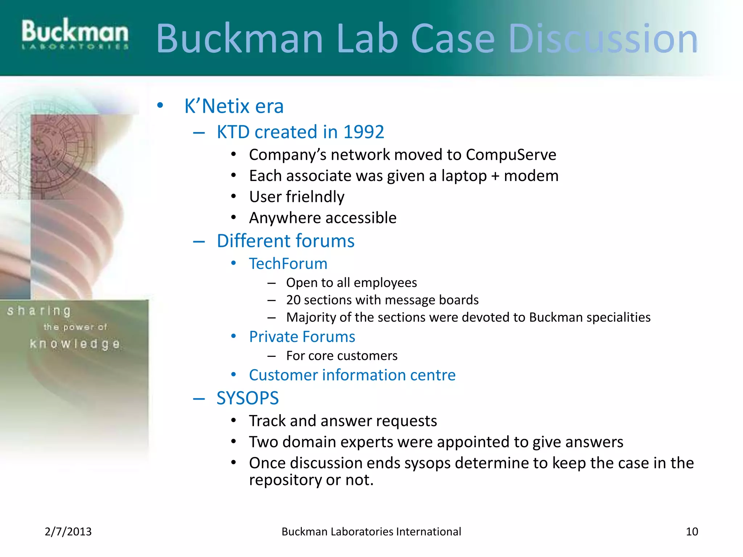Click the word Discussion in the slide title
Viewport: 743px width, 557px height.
coord(603,38)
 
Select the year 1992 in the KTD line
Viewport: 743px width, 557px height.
coord(364,132)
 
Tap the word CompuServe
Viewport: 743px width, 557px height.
coord(511,155)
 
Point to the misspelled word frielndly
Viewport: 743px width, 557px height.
coord(315,197)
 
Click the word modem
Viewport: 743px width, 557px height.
coord(531,176)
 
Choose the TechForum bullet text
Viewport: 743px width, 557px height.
coord(288,264)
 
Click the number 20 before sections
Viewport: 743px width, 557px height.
coord(293,300)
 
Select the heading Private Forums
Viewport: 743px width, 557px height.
coord(302,337)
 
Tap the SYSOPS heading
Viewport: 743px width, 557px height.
coord(247,398)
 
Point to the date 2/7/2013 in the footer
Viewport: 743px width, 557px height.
coord(68,532)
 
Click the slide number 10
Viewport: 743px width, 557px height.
coord(692,532)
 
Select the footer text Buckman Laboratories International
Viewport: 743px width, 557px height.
coord(371,532)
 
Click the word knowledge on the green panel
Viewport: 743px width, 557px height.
coord(75,344)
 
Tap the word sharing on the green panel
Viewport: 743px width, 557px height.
coord(39,311)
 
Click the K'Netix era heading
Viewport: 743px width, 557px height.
coord(234,106)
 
